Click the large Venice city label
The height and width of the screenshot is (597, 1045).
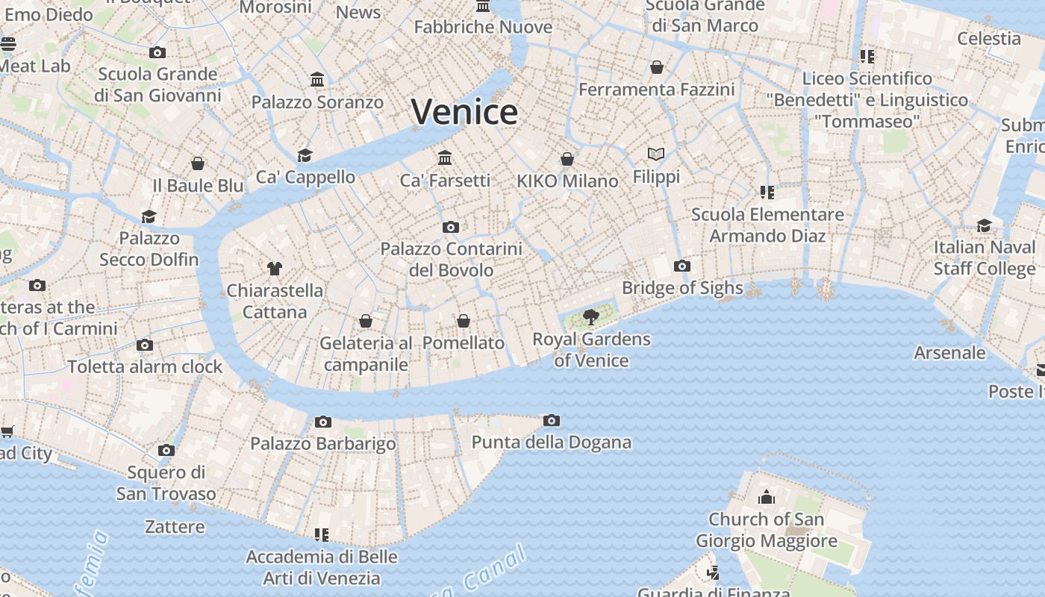[464, 112]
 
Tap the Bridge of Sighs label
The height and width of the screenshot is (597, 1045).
[682, 288]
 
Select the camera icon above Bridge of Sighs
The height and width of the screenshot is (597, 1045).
[681, 266]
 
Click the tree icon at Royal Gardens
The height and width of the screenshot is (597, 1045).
[591, 317]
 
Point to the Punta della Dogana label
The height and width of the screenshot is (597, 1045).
[551, 442]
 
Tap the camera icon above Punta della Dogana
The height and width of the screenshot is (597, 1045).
[551, 421]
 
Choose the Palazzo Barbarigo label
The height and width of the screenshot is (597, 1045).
[323, 443]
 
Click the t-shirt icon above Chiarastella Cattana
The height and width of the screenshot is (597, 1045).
[275, 268]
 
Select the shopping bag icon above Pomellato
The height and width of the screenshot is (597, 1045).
[464, 321]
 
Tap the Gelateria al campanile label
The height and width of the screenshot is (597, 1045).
[366, 354]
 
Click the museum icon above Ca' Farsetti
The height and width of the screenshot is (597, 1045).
[446, 158]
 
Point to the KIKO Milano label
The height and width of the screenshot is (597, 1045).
[567, 181]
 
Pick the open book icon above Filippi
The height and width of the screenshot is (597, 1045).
[656, 154]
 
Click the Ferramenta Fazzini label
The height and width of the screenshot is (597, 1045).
[657, 90]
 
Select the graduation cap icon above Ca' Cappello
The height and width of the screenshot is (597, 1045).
[305, 155]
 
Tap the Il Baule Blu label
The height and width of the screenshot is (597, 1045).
[198, 185]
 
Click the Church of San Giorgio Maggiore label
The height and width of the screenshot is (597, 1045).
[767, 530]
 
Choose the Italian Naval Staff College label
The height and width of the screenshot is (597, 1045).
[985, 257]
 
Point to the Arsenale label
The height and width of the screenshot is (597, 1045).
[949, 352]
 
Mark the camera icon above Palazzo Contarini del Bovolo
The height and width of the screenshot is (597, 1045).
[451, 227]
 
